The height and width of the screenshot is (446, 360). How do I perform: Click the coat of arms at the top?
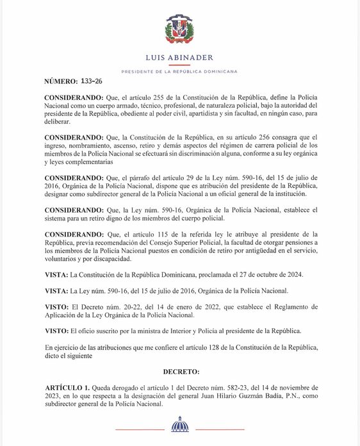click(x=179, y=29)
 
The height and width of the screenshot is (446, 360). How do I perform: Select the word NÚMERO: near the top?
click(x=61, y=83)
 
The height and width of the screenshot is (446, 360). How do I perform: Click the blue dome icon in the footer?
click(x=180, y=425)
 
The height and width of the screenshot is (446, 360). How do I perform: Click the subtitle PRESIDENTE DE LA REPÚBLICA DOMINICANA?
click(x=179, y=70)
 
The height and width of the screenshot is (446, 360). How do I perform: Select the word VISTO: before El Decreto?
click(x=58, y=306)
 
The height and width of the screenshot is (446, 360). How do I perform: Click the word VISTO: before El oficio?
click(x=58, y=331)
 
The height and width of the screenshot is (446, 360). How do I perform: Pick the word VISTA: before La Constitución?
click(x=57, y=274)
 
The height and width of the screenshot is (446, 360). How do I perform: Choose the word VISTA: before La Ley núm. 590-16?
click(x=57, y=290)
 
